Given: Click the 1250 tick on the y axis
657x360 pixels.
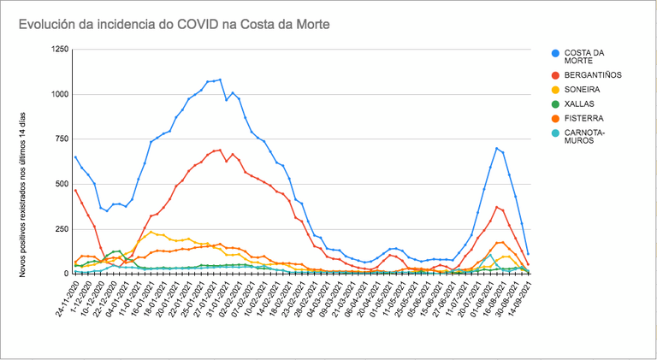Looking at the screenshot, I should click(x=59, y=50).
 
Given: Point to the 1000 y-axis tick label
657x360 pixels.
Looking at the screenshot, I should click(x=59, y=94).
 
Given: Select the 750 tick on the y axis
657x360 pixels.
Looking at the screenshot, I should click(x=62, y=139).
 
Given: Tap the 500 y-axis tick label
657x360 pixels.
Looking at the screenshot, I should click(x=62, y=184).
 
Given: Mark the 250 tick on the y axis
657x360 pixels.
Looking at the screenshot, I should click(x=62, y=228).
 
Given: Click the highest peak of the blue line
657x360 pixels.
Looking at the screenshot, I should click(x=220, y=80).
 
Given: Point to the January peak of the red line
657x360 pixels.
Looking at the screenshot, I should click(x=220, y=150).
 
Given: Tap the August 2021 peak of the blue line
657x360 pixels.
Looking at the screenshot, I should click(x=496, y=148).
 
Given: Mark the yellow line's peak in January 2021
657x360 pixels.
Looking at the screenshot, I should click(x=151, y=232).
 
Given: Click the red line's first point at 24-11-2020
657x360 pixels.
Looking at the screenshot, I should click(x=75, y=190).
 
